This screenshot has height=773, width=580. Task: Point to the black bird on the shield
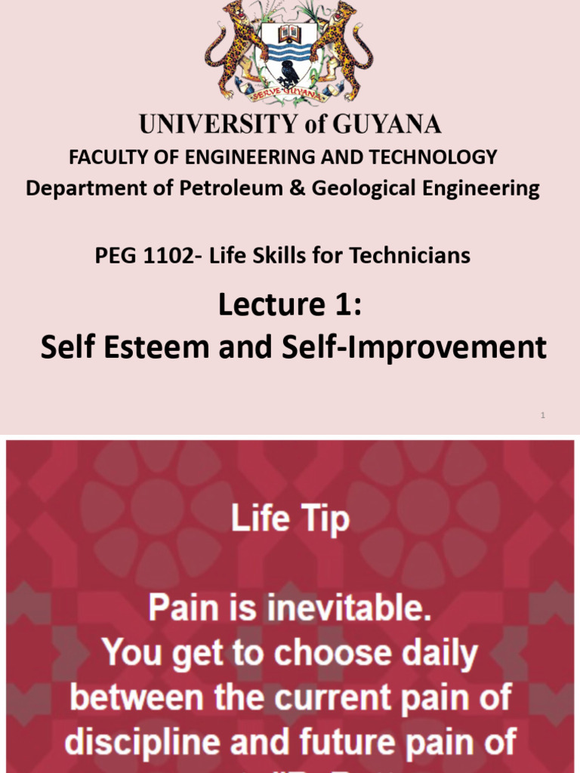pos(288,73)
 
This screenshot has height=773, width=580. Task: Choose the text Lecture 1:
pos(290,306)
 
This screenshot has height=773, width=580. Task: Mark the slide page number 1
pos(543,415)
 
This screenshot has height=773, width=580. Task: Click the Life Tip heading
pos(290,521)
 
